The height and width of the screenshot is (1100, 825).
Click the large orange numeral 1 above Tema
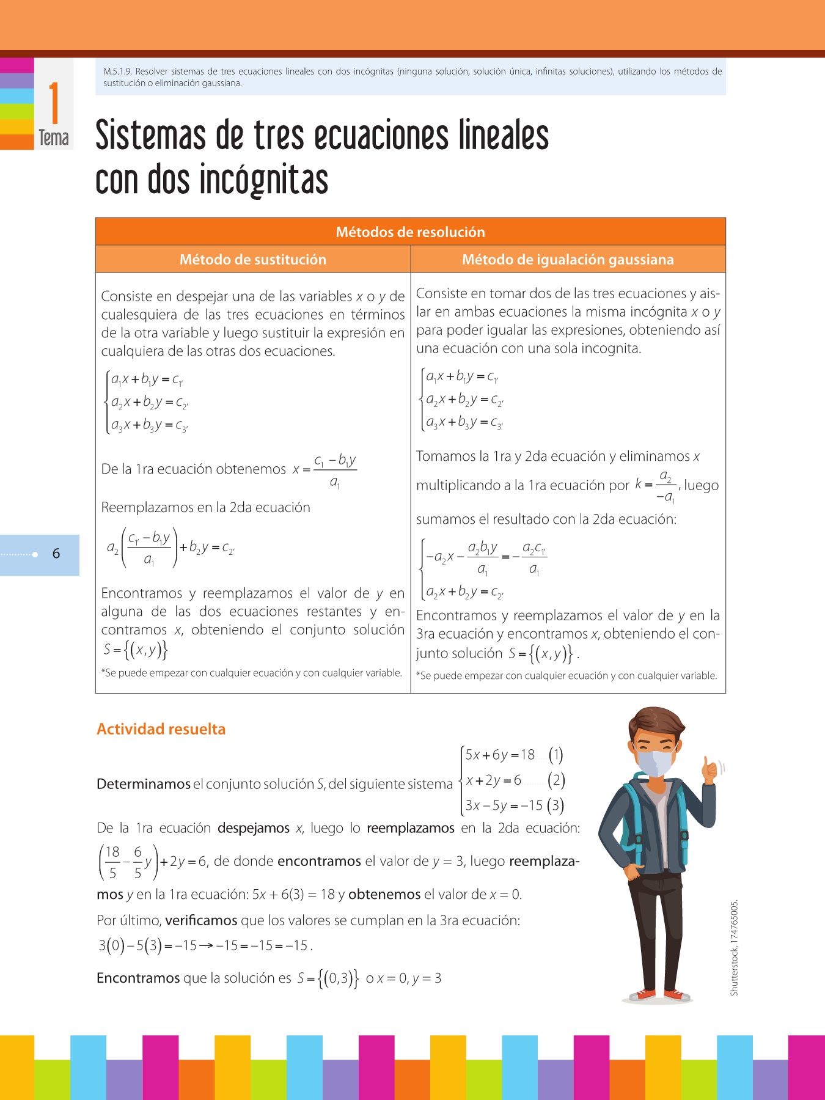coord(54,103)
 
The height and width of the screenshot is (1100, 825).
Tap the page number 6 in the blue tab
coord(56,554)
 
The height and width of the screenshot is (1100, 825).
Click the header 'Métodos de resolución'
coord(410,232)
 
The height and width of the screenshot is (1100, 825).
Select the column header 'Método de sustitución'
coord(252,260)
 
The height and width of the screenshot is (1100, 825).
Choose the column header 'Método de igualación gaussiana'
coord(568,260)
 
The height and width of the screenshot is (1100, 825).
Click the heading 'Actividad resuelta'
coord(161,729)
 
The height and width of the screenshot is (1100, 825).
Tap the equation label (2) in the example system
coord(555,780)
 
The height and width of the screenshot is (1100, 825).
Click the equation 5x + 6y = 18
coord(500,755)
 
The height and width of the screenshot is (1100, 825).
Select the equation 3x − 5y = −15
coord(504,805)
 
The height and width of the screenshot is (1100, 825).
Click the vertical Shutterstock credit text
coord(735,947)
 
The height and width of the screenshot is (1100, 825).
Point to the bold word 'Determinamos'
coord(144,784)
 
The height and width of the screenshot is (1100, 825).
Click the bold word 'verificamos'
coord(201,920)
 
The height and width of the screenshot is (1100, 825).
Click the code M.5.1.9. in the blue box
coord(117,71)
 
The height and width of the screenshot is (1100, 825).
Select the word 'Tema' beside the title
coord(54,138)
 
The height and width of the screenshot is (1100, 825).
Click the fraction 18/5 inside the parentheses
coord(112,862)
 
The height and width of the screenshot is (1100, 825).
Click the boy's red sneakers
coord(659,995)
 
